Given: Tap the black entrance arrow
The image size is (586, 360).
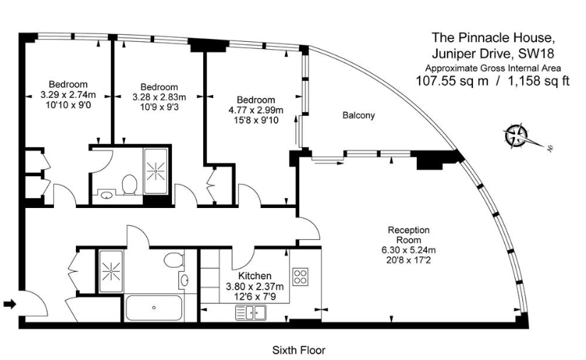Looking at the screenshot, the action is click(x=10, y=304).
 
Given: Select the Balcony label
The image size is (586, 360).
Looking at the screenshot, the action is click(x=359, y=116).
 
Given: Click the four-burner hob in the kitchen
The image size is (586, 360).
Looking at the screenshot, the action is click(x=300, y=277).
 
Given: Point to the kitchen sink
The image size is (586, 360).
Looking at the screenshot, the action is click(x=251, y=312).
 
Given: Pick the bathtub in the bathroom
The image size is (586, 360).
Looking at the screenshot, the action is click(x=153, y=307).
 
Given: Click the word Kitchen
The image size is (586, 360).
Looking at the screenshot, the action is click(x=255, y=276).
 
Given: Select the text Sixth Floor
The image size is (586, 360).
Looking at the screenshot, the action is click(x=298, y=350).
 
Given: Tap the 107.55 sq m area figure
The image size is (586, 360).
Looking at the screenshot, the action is click(x=452, y=81).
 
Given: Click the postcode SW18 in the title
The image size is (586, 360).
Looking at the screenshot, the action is click(x=537, y=54).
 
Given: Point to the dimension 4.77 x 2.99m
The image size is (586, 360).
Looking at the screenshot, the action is click(x=256, y=110).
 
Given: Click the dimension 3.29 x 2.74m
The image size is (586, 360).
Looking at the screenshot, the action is click(x=68, y=94).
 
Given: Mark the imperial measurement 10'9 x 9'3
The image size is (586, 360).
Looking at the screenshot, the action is click(x=159, y=107).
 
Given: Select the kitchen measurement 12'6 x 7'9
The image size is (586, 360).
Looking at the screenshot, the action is click(x=255, y=297).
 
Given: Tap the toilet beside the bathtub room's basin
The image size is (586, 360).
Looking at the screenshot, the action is click(x=174, y=260).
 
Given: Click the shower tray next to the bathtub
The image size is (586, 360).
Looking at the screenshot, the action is click(x=111, y=271).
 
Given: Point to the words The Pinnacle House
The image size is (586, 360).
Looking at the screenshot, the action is click(x=492, y=38).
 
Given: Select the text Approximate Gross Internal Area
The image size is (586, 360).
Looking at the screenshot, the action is click(x=493, y=68).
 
